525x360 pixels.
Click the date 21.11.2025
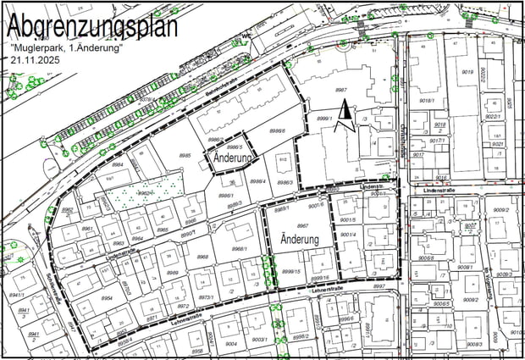coord(36,61)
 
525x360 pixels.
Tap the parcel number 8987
coord(342,89)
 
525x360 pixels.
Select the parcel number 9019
coord(467,73)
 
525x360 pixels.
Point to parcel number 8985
coord(185,156)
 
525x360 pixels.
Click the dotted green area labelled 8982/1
coord(144,193)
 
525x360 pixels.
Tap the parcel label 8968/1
coord(240,249)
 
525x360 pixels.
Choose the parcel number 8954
coord(107,298)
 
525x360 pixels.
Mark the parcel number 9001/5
coord(347,219)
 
